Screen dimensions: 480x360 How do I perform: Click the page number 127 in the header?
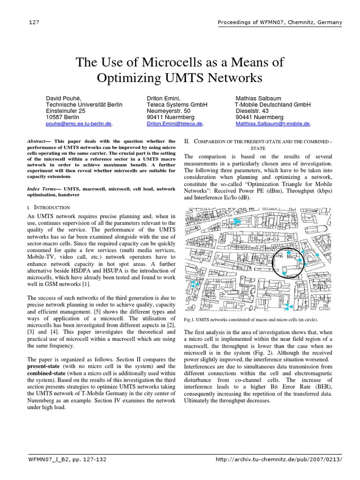click(33, 22)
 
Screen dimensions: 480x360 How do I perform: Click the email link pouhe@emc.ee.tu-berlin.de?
click(78, 124)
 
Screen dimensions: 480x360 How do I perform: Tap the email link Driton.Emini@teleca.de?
click(174, 124)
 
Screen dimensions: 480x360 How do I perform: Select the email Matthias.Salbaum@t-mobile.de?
click(272, 124)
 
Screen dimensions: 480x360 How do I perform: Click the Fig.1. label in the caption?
click(190, 320)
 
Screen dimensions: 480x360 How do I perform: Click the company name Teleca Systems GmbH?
click(177, 105)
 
